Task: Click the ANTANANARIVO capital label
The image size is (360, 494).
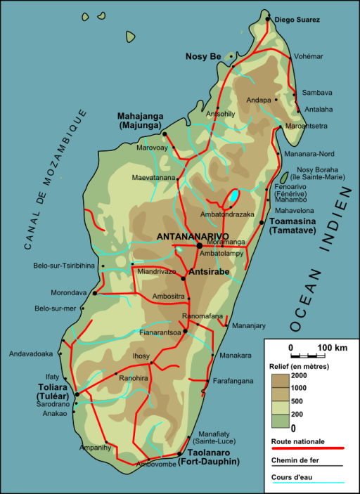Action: point(193,236)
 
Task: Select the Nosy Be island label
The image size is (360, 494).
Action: point(202,56)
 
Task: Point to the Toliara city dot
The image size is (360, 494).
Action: point(77,394)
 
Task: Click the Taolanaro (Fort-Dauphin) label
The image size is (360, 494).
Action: point(208,457)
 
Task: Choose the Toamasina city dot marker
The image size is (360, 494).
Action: point(262,222)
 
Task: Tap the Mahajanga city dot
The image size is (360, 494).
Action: point(165,133)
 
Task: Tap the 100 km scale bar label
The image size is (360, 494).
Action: point(332,348)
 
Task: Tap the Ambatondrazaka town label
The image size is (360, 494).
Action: point(226,214)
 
